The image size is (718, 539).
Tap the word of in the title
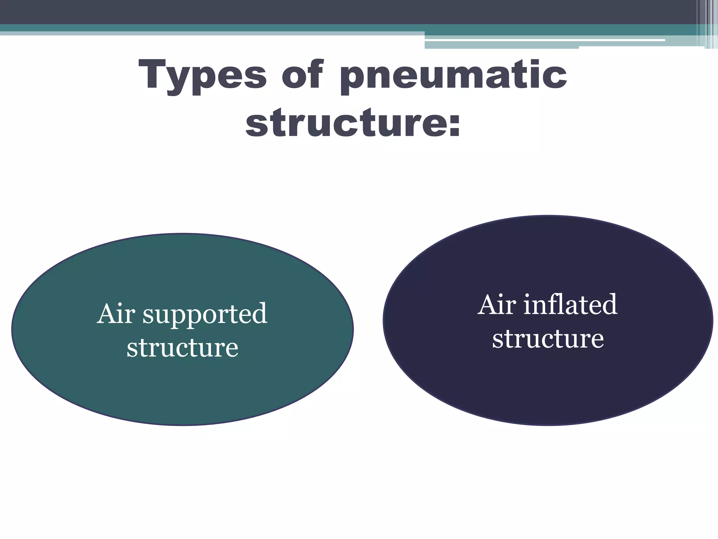click(x=302, y=75)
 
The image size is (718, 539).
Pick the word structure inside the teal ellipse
click(x=182, y=348)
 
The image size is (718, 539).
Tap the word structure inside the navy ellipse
click(x=548, y=339)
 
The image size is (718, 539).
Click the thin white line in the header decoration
click(x=547, y=40)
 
